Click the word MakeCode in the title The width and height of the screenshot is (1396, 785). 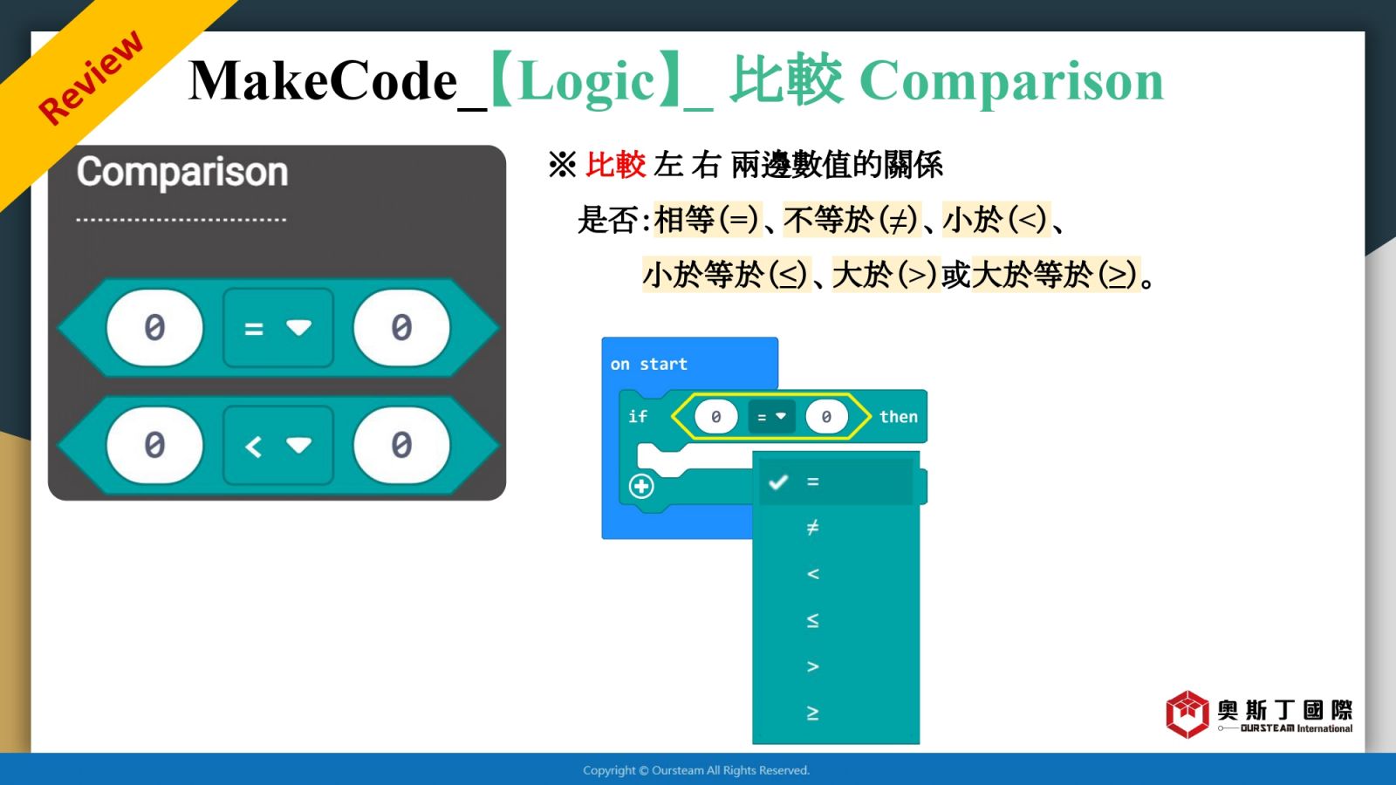(x=323, y=81)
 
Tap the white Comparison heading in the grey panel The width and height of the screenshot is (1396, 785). (x=182, y=172)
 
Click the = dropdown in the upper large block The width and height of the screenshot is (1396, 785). (x=278, y=328)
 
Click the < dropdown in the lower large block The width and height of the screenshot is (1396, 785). (x=278, y=445)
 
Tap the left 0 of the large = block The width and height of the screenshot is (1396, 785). (x=154, y=328)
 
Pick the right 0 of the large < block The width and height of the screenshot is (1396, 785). (x=401, y=445)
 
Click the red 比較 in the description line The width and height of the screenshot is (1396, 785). (x=615, y=165)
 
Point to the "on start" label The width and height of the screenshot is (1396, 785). (x=649, y=364)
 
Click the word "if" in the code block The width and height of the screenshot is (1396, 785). (x=638, y=416)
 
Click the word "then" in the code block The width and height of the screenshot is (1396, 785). (x=898, y=416)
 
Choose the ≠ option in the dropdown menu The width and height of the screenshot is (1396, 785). (x=812, y=528)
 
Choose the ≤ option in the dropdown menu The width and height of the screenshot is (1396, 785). (x=812, y=620)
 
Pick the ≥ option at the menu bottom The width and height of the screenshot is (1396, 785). (x=812, y=713)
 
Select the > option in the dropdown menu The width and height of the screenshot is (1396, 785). (x=812, y=666)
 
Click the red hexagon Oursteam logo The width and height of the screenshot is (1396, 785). (x=1187, y=714)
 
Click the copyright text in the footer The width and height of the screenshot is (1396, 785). (x=696, y=771)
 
